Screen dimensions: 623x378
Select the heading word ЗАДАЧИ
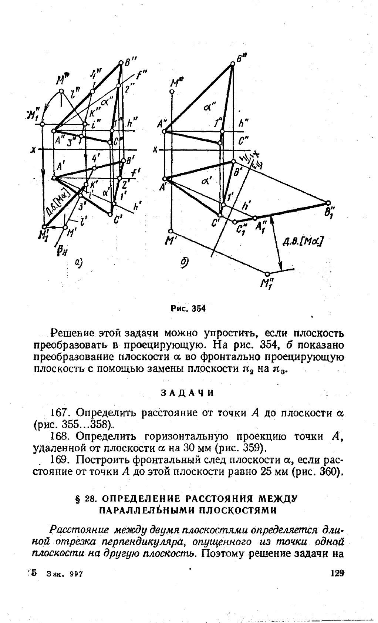click(x=188, y=393)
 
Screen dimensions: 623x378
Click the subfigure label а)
click(x=78, y=262)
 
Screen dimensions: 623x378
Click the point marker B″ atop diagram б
click(x=233, y=64)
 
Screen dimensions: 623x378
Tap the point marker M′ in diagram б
click(x=172, y=230)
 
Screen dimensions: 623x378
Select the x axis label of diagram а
click(x=34, y=150)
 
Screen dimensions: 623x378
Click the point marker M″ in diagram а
click(x=60, y=91)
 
